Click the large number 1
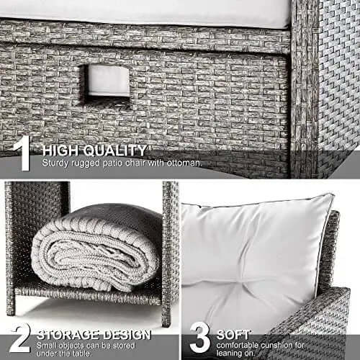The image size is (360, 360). click(22, 153)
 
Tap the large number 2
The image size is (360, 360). click(20, 338)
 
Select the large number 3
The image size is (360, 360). click(200, 338)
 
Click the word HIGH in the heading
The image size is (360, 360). click(60, 150)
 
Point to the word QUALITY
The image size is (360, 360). click(115, 150)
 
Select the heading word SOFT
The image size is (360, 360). click(233, 335)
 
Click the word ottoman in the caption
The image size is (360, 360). click(184, 163)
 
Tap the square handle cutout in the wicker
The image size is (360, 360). click(105, 84)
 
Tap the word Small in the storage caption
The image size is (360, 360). click(47, 346)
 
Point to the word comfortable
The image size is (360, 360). click(237, 346)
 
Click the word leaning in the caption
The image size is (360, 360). click(230, 354)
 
